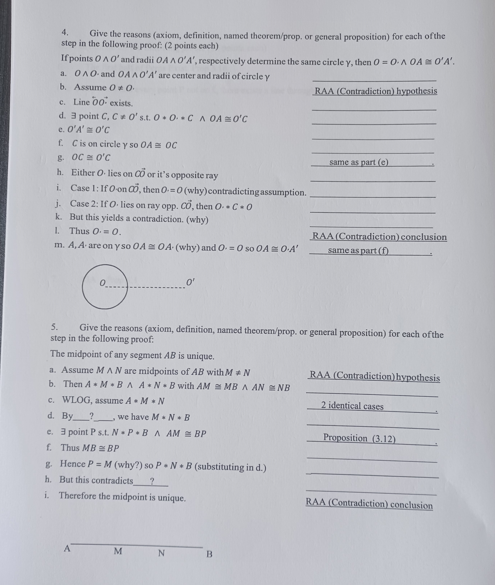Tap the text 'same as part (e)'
[x=359, y=162]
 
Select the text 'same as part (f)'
[x=358, y=250]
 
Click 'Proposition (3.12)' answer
[x=359, y=438]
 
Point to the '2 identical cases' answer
[x=352, y=406]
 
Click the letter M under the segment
[x=118, y=551]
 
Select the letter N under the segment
[x=161, y=553]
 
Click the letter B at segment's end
[x=209, y=554]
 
